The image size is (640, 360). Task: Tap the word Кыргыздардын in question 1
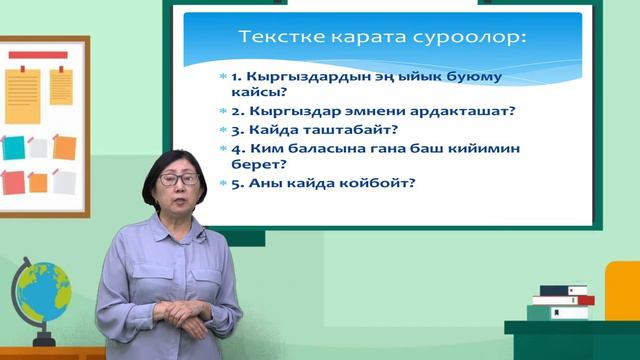point(296,77)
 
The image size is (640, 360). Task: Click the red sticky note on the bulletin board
point(14,182)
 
